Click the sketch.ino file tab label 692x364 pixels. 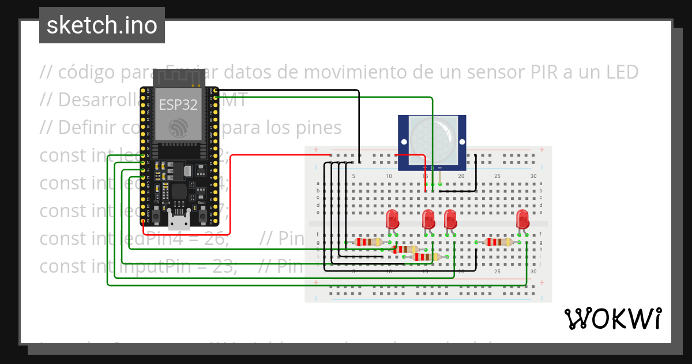point(102,25)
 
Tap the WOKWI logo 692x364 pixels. point(612,319)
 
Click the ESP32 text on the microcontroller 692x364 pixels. point(178,105)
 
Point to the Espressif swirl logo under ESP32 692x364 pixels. point(178,128)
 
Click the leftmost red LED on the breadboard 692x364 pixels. point(392,220)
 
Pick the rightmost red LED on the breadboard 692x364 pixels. point(522,219)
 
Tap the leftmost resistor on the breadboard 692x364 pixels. point(367,242)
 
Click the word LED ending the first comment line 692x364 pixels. point(621,72)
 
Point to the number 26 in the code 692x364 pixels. point(217,238)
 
